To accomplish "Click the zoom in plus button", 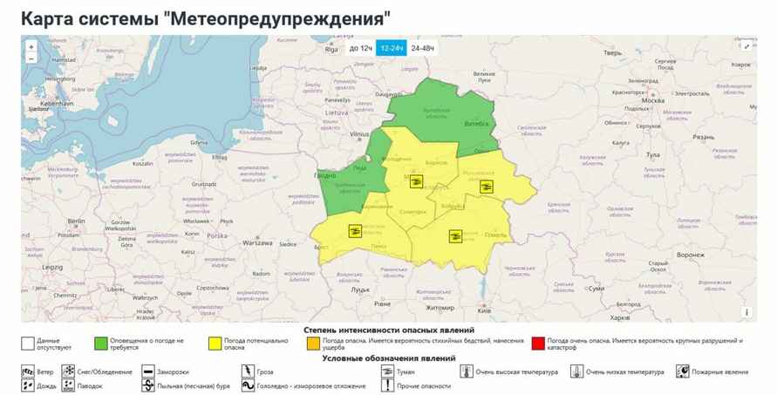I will coord(31,47).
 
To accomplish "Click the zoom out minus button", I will coord(31,59).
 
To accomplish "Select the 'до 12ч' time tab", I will coord(360,48).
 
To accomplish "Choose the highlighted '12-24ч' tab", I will coord(392,48).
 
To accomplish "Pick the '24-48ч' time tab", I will coord(422,48).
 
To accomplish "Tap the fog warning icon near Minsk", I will coord(417,181).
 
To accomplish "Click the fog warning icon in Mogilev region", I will coord(487,186).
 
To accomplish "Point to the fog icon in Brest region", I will coord(355,230).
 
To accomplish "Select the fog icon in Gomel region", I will coord(454,235).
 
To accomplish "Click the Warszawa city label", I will coord(258,242).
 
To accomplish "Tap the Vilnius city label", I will coord(359,135).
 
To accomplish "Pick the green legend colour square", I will coord(101,343).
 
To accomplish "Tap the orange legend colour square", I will coord(313,343).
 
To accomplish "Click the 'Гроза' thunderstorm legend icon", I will coord(246,371).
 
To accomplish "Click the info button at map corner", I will coord(746,312).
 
